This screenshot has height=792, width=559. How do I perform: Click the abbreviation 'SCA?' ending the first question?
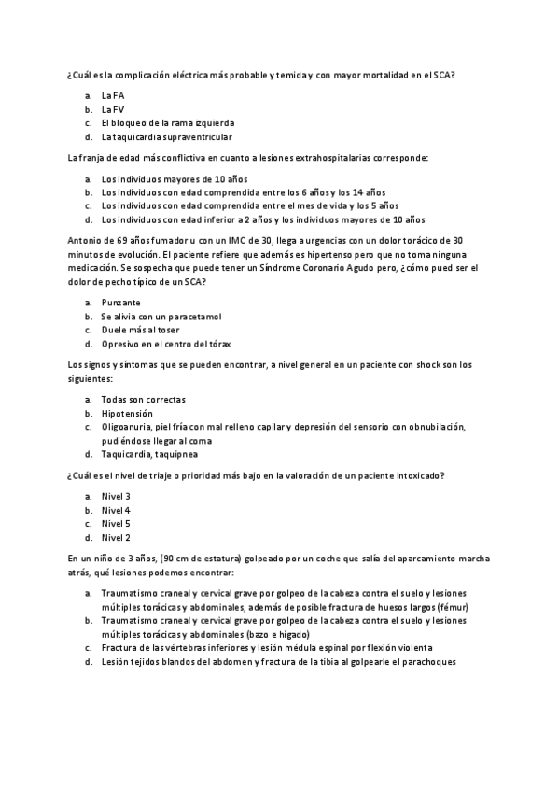point(442,75)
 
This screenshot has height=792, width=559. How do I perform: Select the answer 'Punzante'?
point(121,303)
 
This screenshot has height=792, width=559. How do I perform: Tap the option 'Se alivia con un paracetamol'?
point(161,316)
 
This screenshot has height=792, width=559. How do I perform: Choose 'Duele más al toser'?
point(140,330)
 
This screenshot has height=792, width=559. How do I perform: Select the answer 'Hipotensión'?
point(127,413)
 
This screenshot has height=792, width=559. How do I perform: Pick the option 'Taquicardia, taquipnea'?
point(147,454)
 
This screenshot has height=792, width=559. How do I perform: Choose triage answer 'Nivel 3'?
point(116,496)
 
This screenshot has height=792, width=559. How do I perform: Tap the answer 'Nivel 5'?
point(116,524)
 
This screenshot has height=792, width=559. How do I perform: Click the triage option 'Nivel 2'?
point(116,537)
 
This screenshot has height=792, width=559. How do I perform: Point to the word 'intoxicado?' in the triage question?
point(419,475)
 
